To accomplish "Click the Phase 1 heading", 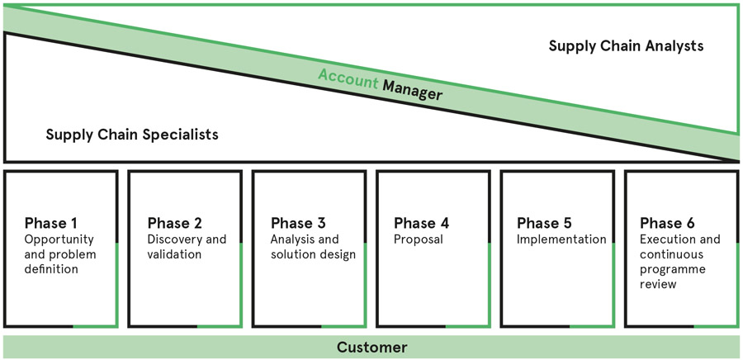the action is (x=50, y=223).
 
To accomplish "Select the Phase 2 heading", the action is (x=175, y=223).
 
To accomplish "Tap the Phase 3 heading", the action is (x=298, y=223).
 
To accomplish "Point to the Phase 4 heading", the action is (x=421, y=223).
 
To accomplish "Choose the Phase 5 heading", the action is (x=545, y=223).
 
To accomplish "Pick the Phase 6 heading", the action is (x=668, y=223).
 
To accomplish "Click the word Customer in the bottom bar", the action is (x=372, y=348).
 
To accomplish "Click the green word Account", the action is (x=348, y=78).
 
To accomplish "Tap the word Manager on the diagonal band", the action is (x=412, y=90).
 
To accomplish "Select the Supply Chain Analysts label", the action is (x=626, y=46).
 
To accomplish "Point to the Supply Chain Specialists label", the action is (x=132, y=135).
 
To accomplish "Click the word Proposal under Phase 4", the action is (x=419, y=239).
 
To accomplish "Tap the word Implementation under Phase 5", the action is (x=561, y=239).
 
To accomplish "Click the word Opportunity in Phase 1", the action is (x=59, y=239).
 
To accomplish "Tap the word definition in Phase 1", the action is (x=51, y=269).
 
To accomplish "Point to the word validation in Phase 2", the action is (x=174, y=254).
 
